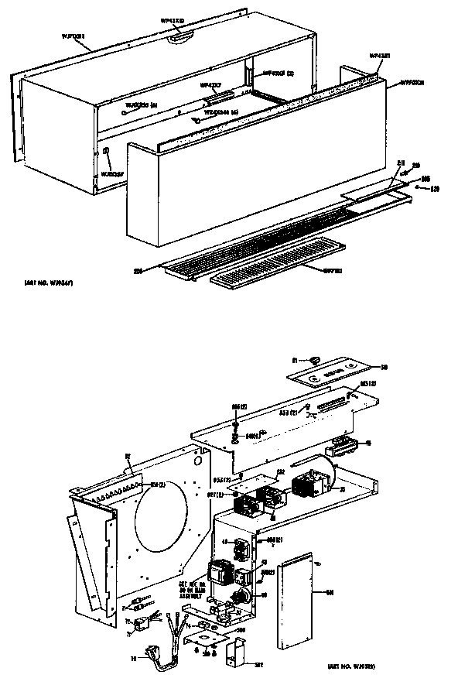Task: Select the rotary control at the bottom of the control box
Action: pos(241,596)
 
